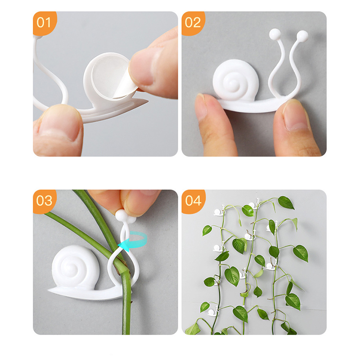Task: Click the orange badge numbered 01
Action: tap(44, 23)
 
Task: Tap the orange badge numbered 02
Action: tap(193, 23)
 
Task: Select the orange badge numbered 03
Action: tap(44, 201)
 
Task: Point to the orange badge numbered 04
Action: tap(193, 201)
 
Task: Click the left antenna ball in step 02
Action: tap(275, 35)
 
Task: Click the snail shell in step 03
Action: tap(75, 267)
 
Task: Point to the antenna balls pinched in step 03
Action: tap(125, 216)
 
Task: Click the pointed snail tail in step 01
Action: tap(140, 102)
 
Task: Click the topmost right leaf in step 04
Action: tap(286, 202)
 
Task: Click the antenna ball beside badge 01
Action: tap(38, 37)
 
